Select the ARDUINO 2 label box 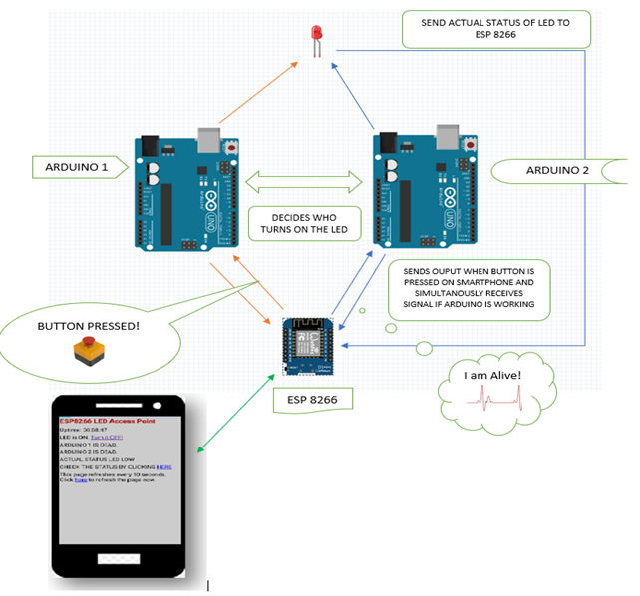pyautogui.click(x=557, y=170)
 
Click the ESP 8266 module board pyautogui.click(x=314, y=345)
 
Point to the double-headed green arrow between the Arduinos pyautogui.click(x=302, y=181)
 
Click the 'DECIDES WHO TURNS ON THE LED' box pyautogui.click(x=304, y=224)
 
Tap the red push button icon pyautogui.click(x=88, y=351)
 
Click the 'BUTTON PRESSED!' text pyautogui.click(x=89, y=326)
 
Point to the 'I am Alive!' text pyautogui.click(x=492, y=375)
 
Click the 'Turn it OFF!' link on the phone pyautogui.click(x=133, y=437)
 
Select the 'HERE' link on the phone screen pyautogui.click(x=164, y=465)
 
